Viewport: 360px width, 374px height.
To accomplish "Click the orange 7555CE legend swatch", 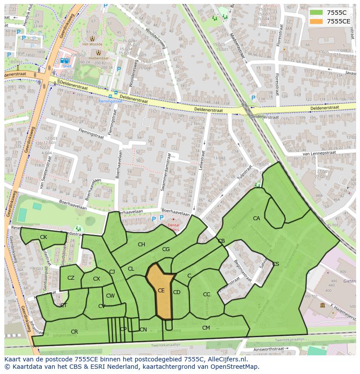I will click(x=316, y=21).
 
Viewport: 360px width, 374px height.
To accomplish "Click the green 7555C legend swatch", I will click(x=316, y=13).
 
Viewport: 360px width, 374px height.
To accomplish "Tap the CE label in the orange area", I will click(x=161, y=291).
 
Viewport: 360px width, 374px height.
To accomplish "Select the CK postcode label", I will click(x=43, y=237).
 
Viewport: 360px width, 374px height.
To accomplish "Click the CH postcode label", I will click(x=141, y=245).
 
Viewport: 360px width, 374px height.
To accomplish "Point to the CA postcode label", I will click(x=257, y=218).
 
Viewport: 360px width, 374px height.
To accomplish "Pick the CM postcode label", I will click(x=206, y=328).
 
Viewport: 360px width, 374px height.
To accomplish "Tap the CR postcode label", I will click(x=74, y=332).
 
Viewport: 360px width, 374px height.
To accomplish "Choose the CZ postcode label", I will click(x=71, y=278).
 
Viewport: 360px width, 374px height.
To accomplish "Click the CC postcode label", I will click(x=207, y=295).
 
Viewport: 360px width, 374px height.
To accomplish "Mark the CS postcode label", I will click(x=276, y=264).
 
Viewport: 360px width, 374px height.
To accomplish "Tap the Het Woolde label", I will click(x=92, y=44).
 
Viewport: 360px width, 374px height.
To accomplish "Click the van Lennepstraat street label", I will click(x=319, y=153).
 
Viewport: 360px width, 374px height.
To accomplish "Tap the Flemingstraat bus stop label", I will click(x=110, y=101).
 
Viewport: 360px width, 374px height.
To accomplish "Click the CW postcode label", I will click(x=110, y=296).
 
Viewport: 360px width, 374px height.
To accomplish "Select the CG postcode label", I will click(x=166, y=249).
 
